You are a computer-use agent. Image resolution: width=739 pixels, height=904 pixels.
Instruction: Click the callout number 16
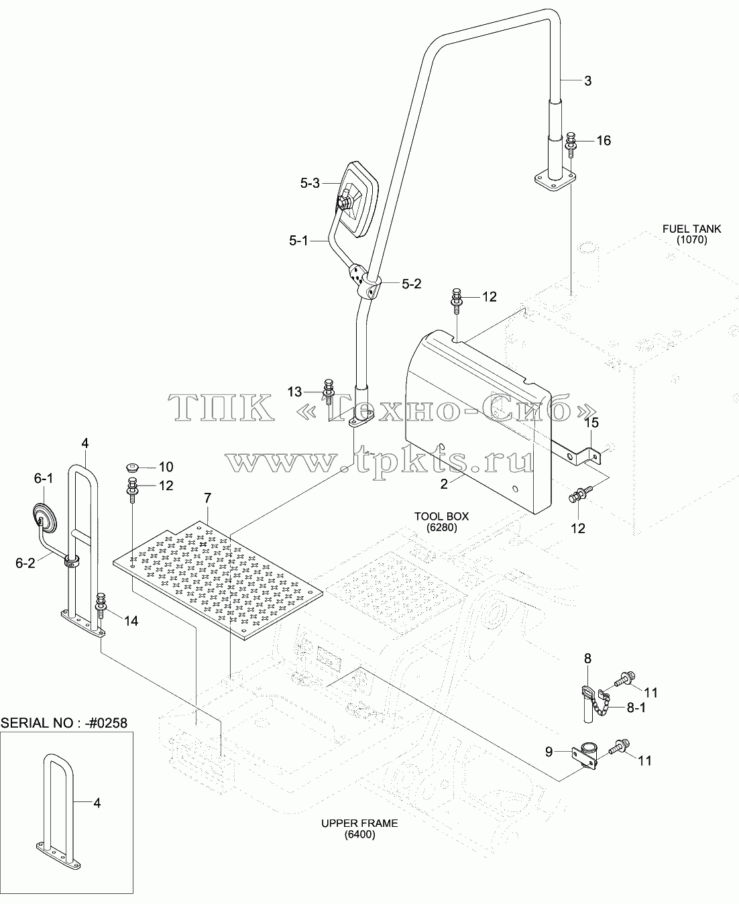pyautogui.click(x=604, y=141)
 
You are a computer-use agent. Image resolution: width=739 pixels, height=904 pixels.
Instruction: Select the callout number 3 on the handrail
pyautogui.click(x=587, y=80)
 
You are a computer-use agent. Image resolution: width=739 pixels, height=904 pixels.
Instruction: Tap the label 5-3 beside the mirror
pyautogui.click(x=310, y=184)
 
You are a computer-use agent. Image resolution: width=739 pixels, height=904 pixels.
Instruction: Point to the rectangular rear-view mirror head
pyautogui.click(x=357, y=199)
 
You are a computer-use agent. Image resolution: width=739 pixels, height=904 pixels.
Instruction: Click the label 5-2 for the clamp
pyautogui.click(x=412, y=284)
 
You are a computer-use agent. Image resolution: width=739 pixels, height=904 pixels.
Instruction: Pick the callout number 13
pyautogui.click(x=294, y=392)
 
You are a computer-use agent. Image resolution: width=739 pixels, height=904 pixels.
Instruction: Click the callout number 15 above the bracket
pyautogui.click(x=591, y=422)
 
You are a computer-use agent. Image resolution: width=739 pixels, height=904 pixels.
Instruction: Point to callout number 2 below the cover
pyautogui.click(x=444, y=484)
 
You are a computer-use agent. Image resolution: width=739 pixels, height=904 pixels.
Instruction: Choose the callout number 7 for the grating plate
pyautogui.click(x=207, y=498)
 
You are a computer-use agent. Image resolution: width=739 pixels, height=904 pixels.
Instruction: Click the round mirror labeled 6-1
pyautogui.click(x=44, y=518)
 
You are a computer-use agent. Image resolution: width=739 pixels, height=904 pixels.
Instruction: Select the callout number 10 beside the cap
pyautogui.click(x=166, y=467)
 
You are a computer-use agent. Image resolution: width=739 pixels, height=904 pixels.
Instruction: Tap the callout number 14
pyautogui.click(x=131, y=621)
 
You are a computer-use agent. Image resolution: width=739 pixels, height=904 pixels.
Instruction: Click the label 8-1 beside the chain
pyautogui.click(x=636, y=708)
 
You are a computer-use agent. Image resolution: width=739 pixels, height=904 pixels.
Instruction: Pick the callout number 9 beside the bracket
pyautogui.click(x=549, y=752)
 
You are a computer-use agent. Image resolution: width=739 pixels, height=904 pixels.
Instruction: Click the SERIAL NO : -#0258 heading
pyautogui.click(x=64, y=723)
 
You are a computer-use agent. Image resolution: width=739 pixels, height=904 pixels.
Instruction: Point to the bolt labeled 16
pyautogui.click(x=571, y=146)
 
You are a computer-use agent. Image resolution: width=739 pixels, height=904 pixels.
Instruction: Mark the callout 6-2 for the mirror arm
pyautogui.click(x=25, y=563)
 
